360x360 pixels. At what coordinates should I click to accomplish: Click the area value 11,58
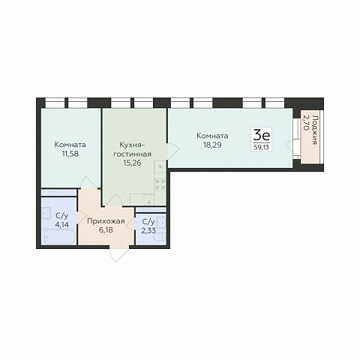[x=70, y=154]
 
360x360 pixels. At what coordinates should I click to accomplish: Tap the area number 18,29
[x=212, y=145]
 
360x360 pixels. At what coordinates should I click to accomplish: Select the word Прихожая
[x=106, y=221]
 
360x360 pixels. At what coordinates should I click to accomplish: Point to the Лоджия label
[x=315, y=130]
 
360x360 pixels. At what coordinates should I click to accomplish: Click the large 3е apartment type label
[x=262, y=136]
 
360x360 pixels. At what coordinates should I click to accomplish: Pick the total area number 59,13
[x=262, y=147]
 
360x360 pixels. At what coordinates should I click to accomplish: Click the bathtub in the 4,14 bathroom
[x=59, y=237]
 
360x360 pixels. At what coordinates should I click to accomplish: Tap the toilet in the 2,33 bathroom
[x=160, y=237]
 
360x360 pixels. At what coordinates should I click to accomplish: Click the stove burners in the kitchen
[x=160, y=184]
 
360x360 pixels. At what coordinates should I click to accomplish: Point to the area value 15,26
[x=132, y=163]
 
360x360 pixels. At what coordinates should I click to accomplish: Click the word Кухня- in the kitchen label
[x=131, y=145]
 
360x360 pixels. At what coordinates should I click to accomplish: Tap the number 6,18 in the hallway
[x=106, y=229]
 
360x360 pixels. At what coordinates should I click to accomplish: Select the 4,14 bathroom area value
[x=61, y=225]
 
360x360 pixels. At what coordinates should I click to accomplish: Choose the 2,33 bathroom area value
[x=148, y=230]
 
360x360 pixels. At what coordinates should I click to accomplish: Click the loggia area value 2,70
[x=305, y=122]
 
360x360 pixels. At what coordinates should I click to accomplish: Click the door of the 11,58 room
[x=89, y=182]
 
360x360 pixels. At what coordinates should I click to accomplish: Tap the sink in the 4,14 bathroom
[x=46, y=213]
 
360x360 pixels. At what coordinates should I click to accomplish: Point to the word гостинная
[x=133, y=154]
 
